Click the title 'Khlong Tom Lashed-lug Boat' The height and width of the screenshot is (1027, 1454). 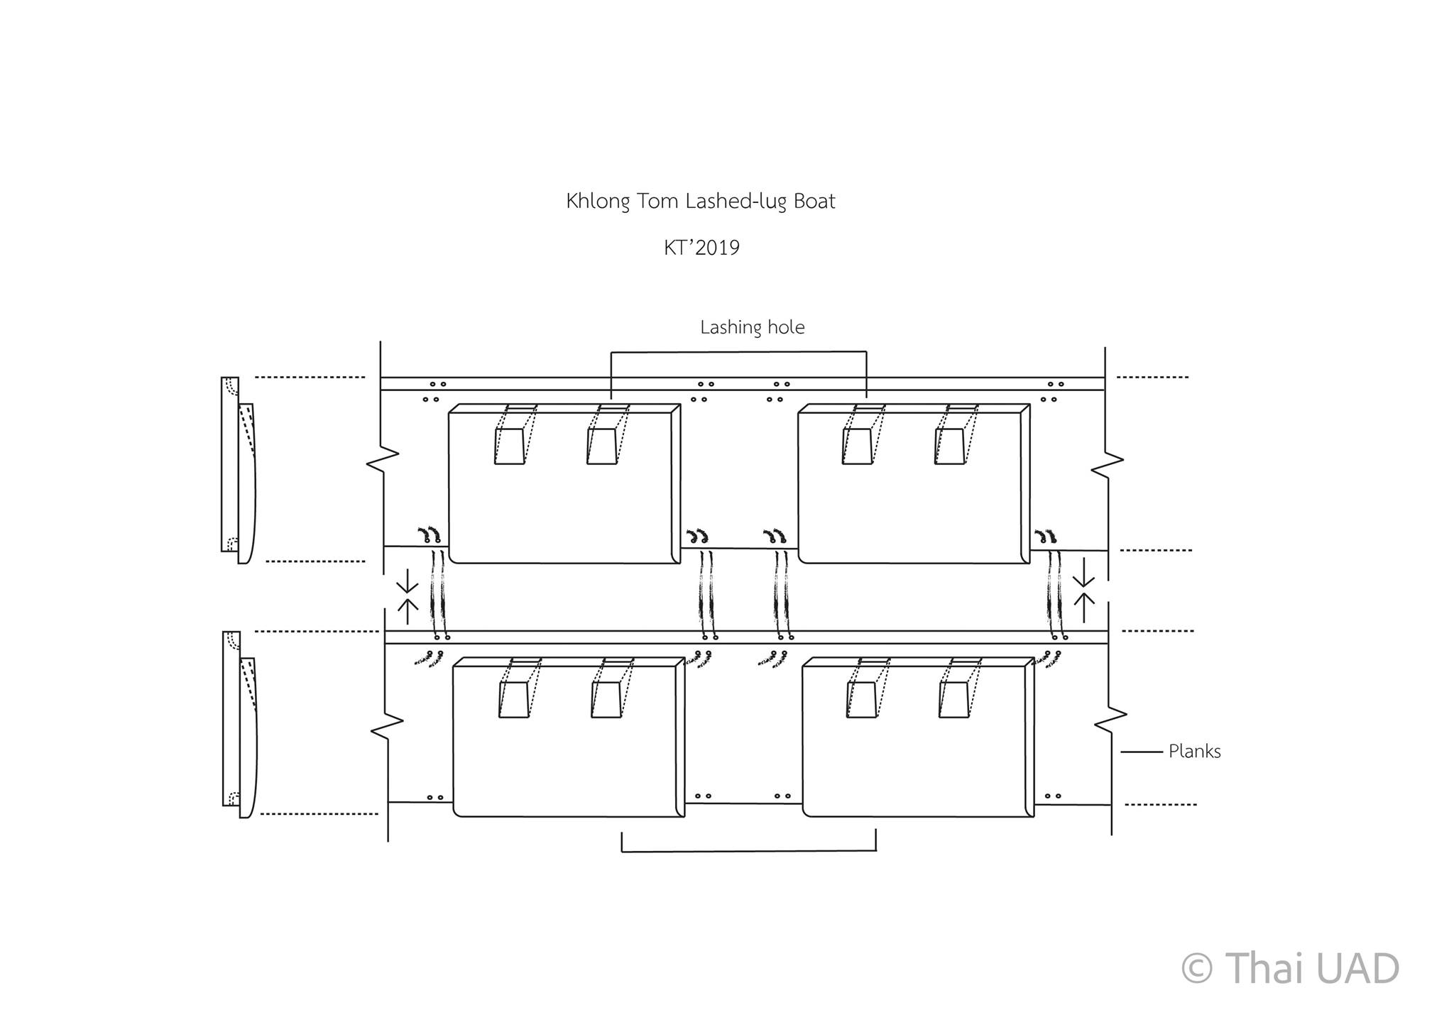(x=701, y=202)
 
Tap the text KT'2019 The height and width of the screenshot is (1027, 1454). (x=701, y=248)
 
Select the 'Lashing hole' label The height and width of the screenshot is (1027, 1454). (x=753, y=328)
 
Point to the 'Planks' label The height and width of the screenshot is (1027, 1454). (x=1195, y=752)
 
